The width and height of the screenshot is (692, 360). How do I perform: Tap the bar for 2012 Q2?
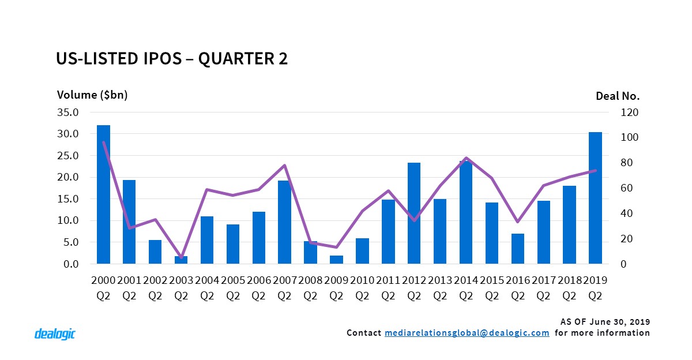414,213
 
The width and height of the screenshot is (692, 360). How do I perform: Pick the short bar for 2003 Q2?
181,260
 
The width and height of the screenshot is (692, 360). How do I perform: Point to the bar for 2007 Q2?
284,222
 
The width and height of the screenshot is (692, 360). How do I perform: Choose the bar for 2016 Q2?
518,249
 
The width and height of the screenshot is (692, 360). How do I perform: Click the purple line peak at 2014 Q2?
466,157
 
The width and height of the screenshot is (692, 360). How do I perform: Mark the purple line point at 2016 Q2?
518,222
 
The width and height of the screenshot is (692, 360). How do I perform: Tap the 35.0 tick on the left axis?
67,112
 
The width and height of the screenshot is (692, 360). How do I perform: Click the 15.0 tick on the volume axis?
67,199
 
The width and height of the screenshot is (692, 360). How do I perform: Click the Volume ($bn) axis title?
92,95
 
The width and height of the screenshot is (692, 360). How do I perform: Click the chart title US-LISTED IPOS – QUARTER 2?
171,59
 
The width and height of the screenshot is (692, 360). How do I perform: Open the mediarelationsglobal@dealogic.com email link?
467,333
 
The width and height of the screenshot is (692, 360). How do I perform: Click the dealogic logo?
55,333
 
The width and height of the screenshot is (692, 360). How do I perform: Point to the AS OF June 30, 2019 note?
605,321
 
